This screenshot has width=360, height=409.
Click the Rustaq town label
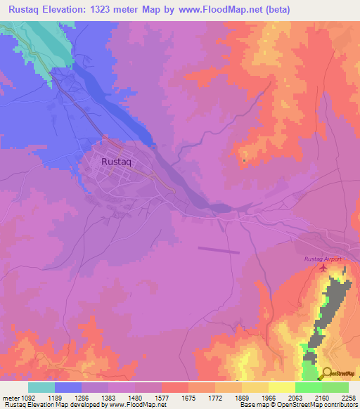(117, 162)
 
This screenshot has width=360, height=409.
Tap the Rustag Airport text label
(323, 259)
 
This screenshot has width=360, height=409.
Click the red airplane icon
(323, 268)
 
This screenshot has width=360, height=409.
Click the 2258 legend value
(349, 397)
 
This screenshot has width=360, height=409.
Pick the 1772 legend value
(216, 397)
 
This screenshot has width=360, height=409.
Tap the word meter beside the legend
(9, 397)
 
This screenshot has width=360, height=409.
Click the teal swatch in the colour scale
(41, 387)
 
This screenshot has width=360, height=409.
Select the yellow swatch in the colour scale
(281, 387)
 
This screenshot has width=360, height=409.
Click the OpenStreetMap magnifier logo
(327, 373)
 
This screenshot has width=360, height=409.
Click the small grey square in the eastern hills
(244, 161)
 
